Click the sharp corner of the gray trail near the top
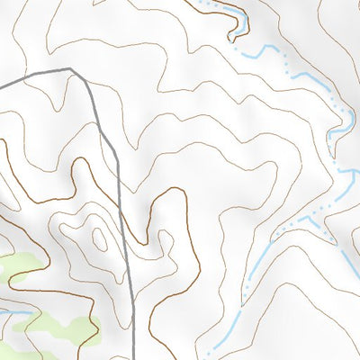[70, 68]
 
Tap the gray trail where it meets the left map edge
[1, 87]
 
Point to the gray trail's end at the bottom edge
[135, 358]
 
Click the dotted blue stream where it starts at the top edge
[200, 2]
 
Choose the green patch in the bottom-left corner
[7, 346]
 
